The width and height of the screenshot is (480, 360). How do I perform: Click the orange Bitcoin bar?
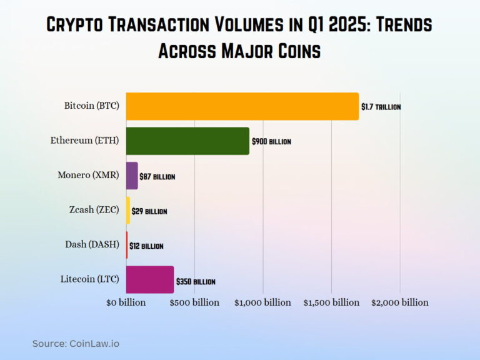pos(242,106)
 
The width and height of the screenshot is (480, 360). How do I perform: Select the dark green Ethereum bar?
pos(187,141)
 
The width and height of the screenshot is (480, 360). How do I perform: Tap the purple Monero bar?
pos(132,176)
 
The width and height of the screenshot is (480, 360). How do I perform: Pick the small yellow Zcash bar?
pos(128,211)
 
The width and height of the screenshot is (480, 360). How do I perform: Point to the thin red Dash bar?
pos(127,245)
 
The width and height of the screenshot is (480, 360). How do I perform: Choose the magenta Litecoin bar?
pos(150,279)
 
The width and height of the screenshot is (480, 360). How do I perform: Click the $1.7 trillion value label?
pos(381,107)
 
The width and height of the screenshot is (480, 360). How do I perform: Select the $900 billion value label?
pos(271,142)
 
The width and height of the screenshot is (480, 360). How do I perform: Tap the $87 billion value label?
pos(157,177)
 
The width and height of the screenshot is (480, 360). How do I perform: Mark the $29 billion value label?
pos(149,211)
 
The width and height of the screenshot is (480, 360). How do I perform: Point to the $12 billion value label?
pos(146,246)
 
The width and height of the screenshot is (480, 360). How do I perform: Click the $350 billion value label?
pos(196,282)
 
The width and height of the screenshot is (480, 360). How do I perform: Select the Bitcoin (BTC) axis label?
pos(91,106)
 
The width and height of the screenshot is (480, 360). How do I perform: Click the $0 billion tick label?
pos(126,302)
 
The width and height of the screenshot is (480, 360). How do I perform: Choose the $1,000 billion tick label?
pos(262,302)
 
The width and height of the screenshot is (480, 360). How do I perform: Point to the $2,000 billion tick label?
pos(400,302)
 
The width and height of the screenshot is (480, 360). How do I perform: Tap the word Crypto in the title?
pos(77,26)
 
